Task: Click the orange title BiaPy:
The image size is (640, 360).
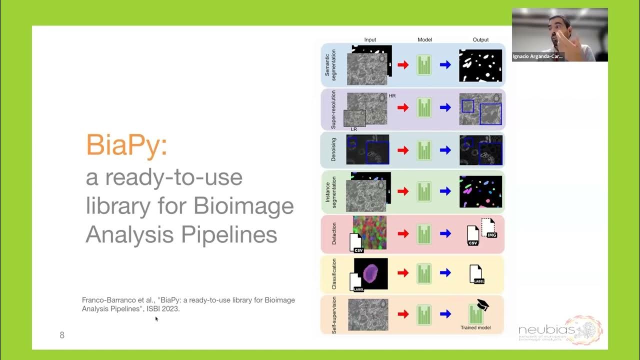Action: [x=126, y=145]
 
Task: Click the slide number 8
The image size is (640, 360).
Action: [x=62, y=335]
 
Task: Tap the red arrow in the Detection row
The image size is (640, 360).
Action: [x=403, y=233]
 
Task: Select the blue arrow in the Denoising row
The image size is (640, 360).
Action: [x=445, y=150]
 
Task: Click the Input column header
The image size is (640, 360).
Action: [x=370, y=39]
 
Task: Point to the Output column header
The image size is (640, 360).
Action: [x=480, y=39]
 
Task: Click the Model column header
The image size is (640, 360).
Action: [x=424, y=39]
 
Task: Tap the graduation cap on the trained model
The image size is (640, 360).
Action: [x=482, y=304]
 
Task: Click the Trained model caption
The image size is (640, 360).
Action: [x=475, y=328]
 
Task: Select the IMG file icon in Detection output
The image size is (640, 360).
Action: [x=488, y=227]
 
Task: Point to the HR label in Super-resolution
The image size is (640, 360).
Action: [x=392, y=95]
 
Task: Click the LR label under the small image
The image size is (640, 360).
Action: [x=354, y=129]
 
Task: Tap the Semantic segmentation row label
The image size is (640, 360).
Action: [x=330, y=65]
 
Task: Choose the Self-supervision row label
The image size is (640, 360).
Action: [x=333, y=315]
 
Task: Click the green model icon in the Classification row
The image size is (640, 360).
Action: [x=424, y=273]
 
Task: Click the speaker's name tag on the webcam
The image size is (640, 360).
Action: [x=538, y=56]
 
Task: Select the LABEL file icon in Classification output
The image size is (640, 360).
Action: [x=476, y=274]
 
